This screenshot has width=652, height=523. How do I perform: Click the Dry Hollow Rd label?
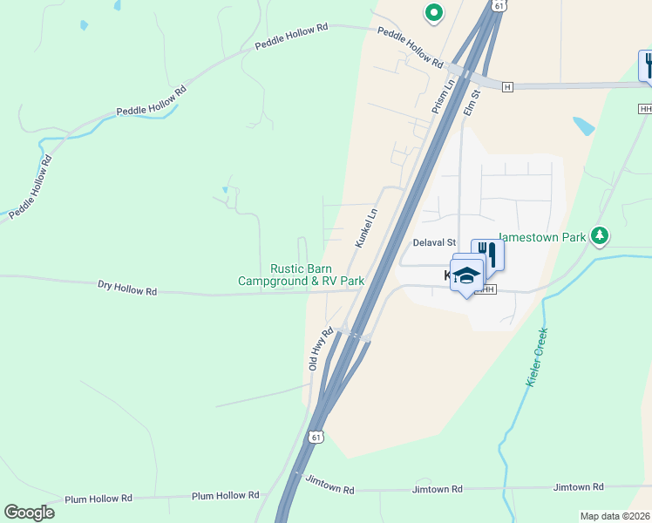[x=127, y=287]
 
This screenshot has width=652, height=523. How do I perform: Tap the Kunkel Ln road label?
[x=366, y=228]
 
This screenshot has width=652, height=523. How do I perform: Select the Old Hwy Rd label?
[x=321, y=350]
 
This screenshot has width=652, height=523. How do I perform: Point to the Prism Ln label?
[x=443, y=97]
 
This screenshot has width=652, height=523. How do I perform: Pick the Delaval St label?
[x=434, y=242]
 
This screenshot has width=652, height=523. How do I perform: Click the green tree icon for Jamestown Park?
[x=599, y=235]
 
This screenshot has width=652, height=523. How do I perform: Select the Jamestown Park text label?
[x=543, y=235]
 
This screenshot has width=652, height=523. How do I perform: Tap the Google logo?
[x=30, y=513]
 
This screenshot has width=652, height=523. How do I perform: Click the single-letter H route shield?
[x=507, y=86]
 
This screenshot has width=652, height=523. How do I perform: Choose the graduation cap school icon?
[x=466, y=275]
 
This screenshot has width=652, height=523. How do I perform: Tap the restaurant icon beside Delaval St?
[x=487, y=254]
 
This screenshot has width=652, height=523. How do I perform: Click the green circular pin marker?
[x=432, y=12]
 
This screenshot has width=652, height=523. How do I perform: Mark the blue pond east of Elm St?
[x=583, y=126]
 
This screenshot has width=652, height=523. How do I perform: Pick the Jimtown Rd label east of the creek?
[x=580, y=486]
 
